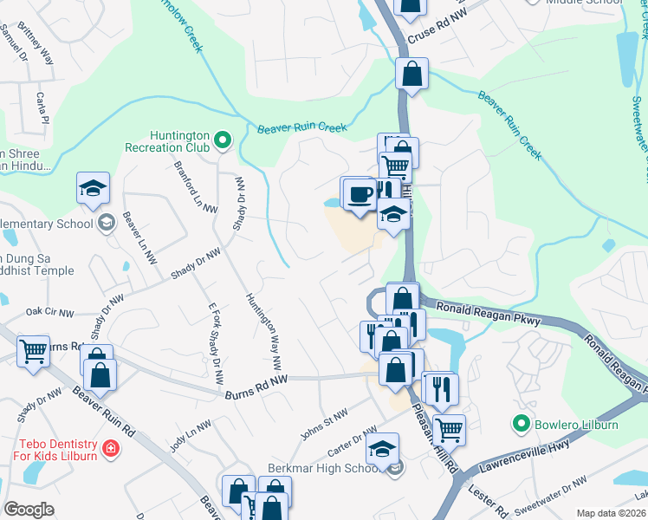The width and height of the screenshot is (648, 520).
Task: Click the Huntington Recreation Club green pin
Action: click(223, 139)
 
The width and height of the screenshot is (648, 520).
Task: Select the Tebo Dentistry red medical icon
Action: click(110, 448)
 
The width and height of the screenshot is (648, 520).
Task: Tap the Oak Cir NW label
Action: click(46, 309)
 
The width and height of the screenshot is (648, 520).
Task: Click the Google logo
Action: click(29, 510)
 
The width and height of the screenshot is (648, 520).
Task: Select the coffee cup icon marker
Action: click(360, 193)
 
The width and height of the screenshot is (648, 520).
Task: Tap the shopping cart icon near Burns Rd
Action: click(33, 352)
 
